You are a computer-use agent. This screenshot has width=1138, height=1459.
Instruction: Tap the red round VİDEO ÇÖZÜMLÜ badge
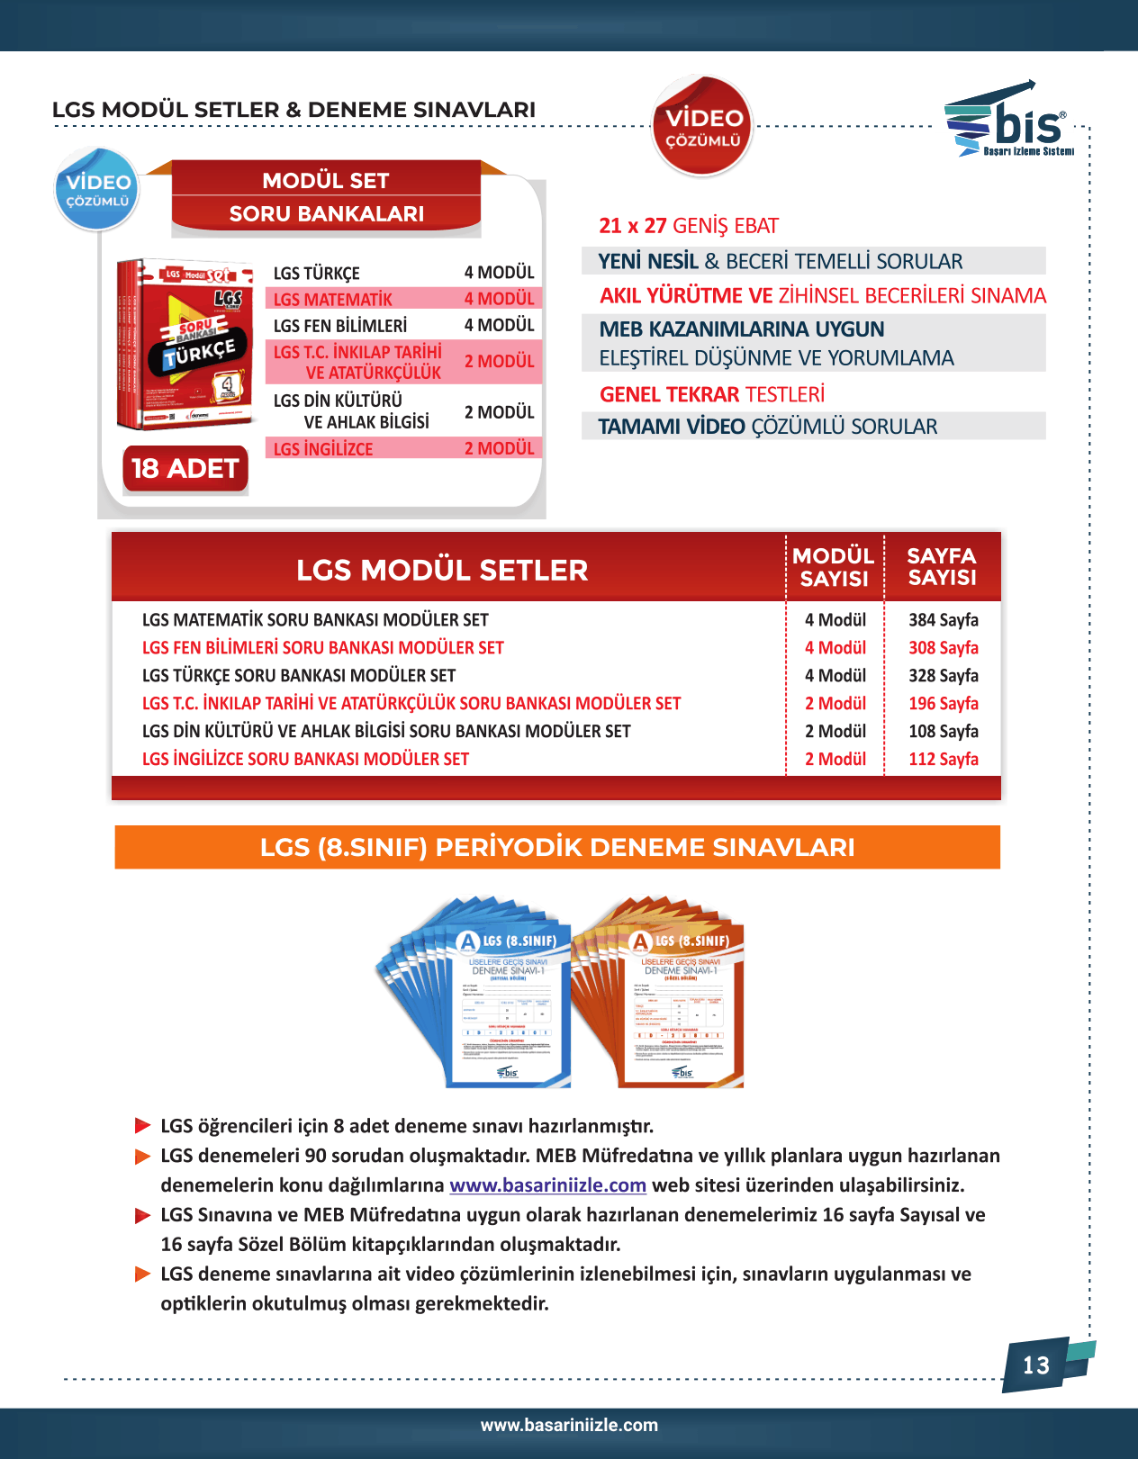tap(702, 127)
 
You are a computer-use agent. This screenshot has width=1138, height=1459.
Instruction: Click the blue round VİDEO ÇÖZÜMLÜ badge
tap(97, 189)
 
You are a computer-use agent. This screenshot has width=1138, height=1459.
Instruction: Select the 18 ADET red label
tap(185, 469)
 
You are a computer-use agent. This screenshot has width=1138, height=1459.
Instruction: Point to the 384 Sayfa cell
tap(943, 620)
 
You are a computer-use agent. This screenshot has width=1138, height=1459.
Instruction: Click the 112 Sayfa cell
tap(943, 760)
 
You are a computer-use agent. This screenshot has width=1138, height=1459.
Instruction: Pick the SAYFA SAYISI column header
tap(942, 567)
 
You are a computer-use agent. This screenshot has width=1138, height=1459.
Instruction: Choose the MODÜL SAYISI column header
tap(834, 567)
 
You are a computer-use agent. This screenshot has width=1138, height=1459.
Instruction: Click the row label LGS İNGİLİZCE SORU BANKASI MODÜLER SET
tap(305, 760)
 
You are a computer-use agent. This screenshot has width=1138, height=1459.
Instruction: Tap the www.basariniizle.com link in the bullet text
tap(547, 1185)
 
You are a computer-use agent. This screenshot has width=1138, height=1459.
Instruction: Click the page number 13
tap(1036, 1365)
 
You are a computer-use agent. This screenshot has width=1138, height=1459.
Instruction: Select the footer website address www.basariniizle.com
tap(569, 1426)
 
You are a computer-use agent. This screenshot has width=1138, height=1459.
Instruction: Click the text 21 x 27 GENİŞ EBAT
tap(689, 226)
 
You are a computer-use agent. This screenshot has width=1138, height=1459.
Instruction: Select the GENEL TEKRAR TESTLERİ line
tap(711, 395)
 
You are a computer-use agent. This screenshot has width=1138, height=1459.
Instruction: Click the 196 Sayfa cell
tap(943, 704)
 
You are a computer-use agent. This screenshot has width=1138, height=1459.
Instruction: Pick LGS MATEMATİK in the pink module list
tap(333, 300)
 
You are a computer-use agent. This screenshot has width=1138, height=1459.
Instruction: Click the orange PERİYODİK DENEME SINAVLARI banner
tap(557, 847)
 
